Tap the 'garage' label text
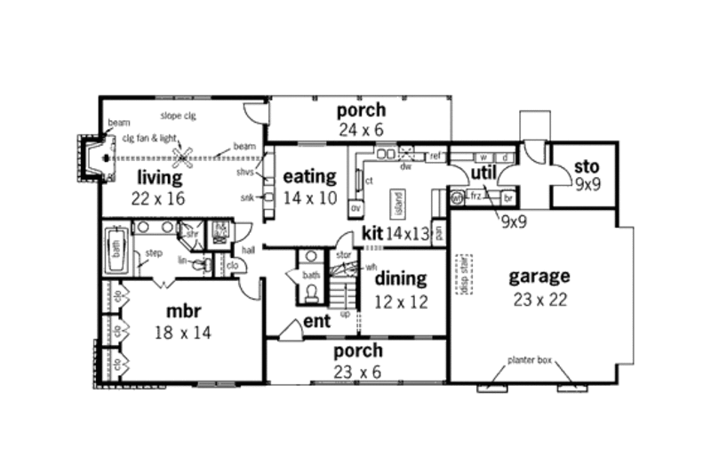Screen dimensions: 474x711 [539, 276]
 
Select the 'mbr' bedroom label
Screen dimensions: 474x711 [186, 312]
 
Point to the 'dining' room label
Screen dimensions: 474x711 [402, 279]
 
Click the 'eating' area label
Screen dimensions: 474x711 [309, 176]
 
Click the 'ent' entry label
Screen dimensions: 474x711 [316, 320]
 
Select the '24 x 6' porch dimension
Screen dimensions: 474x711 [361, 130]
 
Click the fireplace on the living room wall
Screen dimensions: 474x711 [93, 158]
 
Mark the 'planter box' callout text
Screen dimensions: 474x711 [530, 360]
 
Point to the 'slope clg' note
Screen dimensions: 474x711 [178, 116]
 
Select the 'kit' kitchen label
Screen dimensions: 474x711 [372, 234]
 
